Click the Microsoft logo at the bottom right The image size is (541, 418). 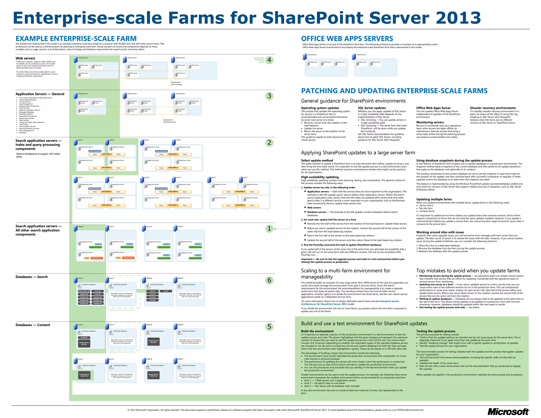click(x=508, y=412)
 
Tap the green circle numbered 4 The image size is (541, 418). click(x=269, y=60)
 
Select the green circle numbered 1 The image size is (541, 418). click(x=269, y=228)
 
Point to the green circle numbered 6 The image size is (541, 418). click(x=269, y=280)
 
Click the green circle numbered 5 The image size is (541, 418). click(x=269, y=327)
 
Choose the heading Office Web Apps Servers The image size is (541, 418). click(x=347, y=39)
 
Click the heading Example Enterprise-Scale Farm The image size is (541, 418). click(x=76, y=39)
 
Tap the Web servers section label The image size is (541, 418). click(x=25, y=58)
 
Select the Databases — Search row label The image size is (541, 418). click(x=32, y=277)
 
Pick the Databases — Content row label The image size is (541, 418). click(x=33, y=325)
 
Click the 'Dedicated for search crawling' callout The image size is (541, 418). click(x=176, y=83)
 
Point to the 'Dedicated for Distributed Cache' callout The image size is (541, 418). click(x=169, y=121)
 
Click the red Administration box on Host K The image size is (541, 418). click(x=97, y=258)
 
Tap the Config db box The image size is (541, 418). click(x=84, y=337)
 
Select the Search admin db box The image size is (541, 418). click(x=84, y=291)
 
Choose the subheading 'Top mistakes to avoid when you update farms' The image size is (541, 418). click(x=468, y=271)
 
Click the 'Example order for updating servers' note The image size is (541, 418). click(x=259, y=60)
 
